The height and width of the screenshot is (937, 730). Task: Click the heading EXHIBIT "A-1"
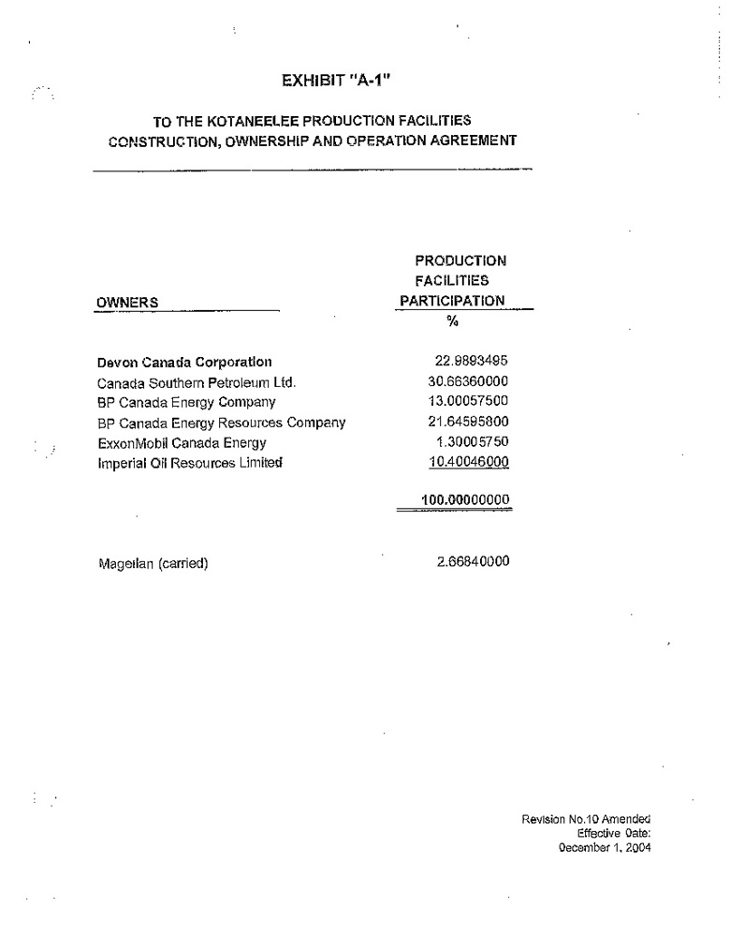click(347, 81)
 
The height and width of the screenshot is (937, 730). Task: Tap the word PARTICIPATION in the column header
click(452, 301)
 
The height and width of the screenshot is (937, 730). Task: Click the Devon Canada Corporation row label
click(184, 362)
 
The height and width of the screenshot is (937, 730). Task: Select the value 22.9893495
click(472, 362)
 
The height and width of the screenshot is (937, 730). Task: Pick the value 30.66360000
click(468, 382)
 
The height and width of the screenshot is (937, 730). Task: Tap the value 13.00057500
click(468, 402)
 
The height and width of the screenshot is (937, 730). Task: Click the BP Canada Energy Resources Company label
click(221, 423)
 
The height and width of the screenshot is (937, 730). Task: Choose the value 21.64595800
click(468, 423)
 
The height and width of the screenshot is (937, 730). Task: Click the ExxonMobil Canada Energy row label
click(182, 442)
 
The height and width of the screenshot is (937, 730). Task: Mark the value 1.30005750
click(472, 442)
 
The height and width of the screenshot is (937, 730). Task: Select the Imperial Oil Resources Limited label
click(189, 463)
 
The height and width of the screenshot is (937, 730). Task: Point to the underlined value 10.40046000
click(468, 462)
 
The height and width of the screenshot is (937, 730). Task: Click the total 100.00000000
click(465, 500)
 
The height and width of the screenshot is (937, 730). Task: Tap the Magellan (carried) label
click(153, 563)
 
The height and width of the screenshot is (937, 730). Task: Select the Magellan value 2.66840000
click(473, 562)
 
